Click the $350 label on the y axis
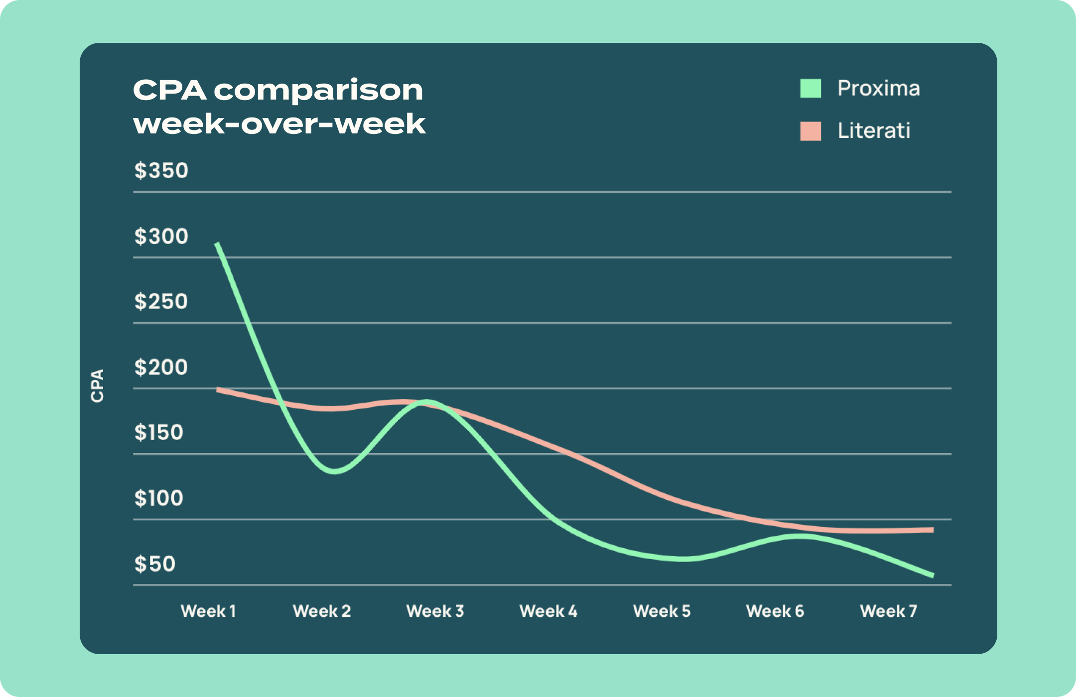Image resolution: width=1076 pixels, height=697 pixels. (x=161, y=171)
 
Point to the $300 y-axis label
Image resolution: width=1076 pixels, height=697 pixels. (x=161, y=236)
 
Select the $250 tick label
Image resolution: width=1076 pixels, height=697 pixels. (x=161, y=302)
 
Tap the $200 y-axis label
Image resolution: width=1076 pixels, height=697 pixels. (x=161, y=367)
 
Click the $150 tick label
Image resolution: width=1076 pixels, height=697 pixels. (x=159, y=433)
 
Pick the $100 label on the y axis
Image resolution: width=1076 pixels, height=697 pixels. (x=159, y=498)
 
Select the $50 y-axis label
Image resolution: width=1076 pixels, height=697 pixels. (x=155, y=564)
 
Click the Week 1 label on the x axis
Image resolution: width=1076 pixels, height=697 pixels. (x=208, y=611)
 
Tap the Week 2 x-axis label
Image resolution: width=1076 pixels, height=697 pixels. (x=322, y=611)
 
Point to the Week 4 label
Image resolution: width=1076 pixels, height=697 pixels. (x=548, y=611)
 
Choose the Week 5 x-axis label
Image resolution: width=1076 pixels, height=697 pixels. (x=662, y=611)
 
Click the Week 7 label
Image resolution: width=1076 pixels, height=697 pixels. (x=889, y=611)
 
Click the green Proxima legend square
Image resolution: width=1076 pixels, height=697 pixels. (x=810, y=88)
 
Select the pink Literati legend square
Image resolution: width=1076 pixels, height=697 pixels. (x=810, y=131)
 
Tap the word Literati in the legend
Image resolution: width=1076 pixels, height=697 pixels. (x=874, y=131)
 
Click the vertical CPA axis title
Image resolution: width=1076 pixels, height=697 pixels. (x=97, y=386)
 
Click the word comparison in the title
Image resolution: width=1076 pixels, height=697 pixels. (x=319, y=91)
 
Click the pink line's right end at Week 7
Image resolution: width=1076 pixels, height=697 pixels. (x=932, y=530)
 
